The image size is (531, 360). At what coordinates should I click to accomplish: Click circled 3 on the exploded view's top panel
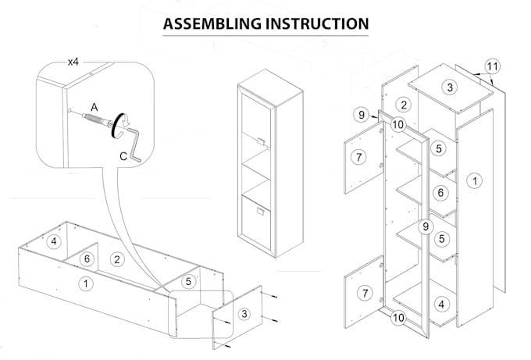tap(449, 87)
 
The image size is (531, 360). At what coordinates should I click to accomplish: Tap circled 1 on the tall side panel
tap(473, 181)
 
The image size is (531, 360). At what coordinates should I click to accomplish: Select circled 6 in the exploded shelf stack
tap(440, 191)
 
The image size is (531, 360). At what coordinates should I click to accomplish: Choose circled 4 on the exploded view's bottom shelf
tap(441, 304)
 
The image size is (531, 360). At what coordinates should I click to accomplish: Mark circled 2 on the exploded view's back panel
tap(403, 104)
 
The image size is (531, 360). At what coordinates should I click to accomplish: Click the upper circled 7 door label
tap(358, 157)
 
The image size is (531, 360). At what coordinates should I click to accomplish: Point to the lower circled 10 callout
tap(397, 317)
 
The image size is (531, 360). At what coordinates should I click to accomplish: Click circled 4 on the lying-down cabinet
tap(53, 241)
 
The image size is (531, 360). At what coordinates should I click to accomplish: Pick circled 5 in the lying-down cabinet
tap(188, 280)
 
